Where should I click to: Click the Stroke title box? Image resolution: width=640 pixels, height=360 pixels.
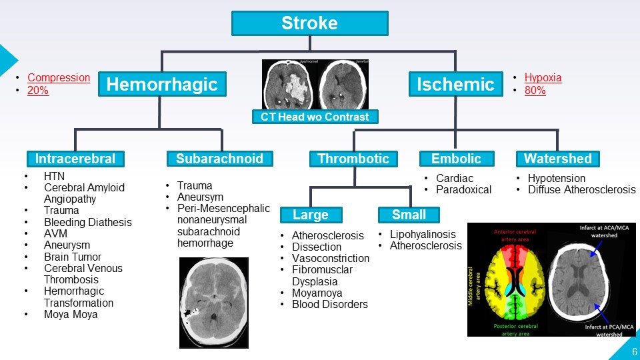[x=309, y=24]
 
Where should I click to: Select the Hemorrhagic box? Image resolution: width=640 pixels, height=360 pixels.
[x=162, y=85]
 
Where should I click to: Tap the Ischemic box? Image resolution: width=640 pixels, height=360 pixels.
[x=455, y=85]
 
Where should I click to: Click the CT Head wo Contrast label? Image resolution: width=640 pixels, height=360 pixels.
[x=315, y=117]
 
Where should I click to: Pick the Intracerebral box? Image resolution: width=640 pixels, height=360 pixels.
[x=75, y=159]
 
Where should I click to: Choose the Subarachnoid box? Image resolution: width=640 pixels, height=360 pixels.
[x=219, y=159]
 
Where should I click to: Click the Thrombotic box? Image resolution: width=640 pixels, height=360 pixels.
[x=353, y=159]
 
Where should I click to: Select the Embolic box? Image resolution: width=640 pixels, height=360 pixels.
[x=457, y=159]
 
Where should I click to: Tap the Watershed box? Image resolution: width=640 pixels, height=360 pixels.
[x=557, y=159]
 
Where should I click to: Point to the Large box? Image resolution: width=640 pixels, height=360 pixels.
[x=311, y=215]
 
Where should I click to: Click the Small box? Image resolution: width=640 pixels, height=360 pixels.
[x=409, y=215]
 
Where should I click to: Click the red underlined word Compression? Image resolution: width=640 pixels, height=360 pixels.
[x=59, y=77]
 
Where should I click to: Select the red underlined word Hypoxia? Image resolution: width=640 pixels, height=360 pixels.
[x=543, y=77]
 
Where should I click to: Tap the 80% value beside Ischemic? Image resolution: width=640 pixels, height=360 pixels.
[x=535, y=91]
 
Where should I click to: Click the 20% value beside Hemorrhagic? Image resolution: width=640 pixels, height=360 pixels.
[x=38, y=91]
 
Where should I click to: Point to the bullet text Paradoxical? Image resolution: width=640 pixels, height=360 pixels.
[x=463, y=189]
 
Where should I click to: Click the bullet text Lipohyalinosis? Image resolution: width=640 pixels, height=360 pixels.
[x=423, y=234]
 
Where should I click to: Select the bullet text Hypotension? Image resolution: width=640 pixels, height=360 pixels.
[x=556, y=178]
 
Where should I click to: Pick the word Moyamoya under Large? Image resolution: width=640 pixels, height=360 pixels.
[x=317, y=293]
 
